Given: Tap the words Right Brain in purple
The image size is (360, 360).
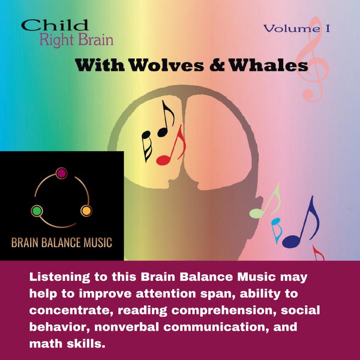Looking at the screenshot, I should pyautogui.click(x=76, y=41).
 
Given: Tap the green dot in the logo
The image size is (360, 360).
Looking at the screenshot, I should pyautogui.click(x=37, y=211).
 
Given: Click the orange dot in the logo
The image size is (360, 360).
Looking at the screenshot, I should pyautogui.click(x=86, y=211).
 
